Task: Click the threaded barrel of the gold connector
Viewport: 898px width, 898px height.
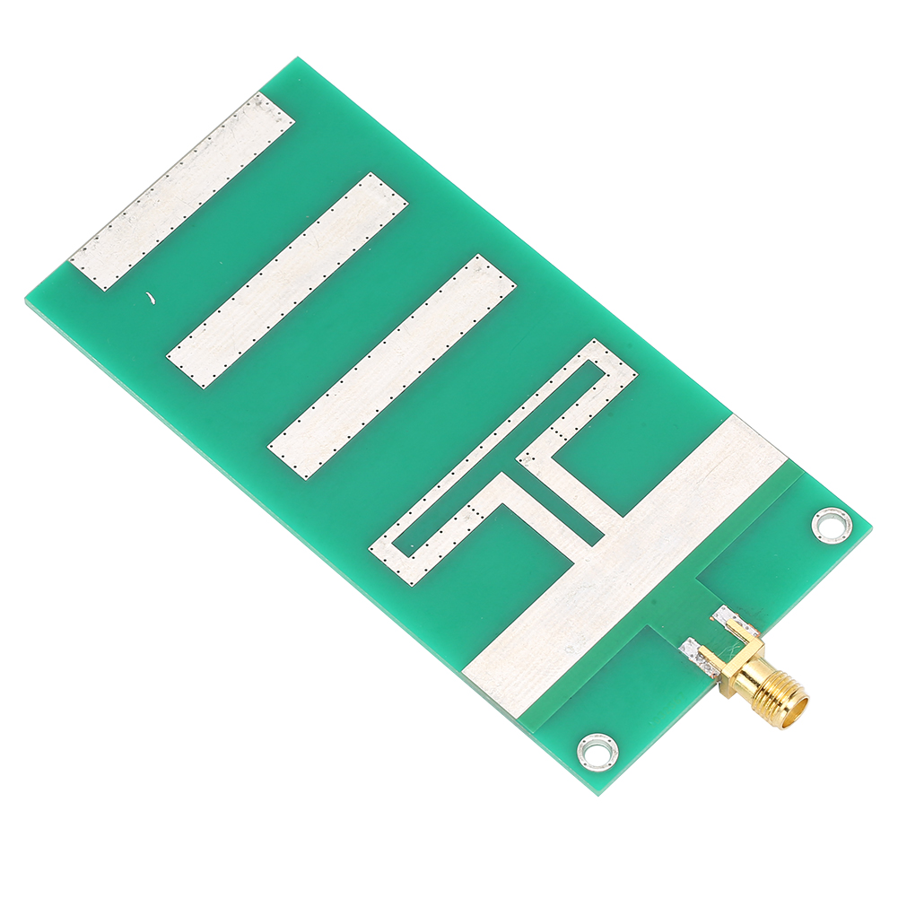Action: [x=777, y=691]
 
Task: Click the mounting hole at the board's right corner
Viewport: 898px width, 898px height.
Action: [x=831, y=524]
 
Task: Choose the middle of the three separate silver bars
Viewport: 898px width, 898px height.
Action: [x=287, y=281]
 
